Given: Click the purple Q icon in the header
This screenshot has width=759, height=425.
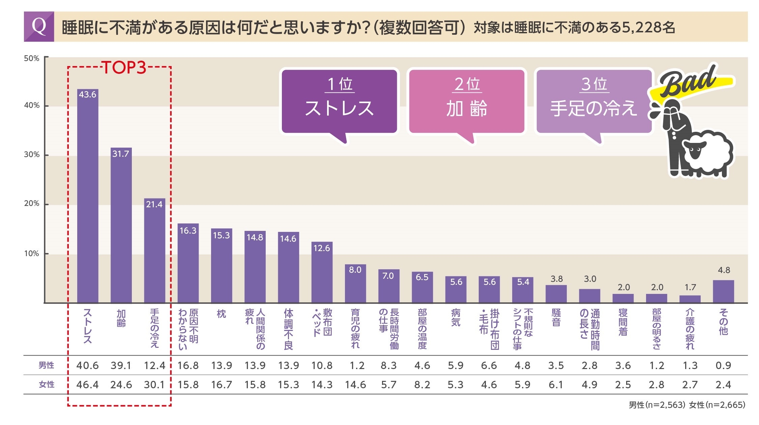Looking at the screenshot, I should (39, 27).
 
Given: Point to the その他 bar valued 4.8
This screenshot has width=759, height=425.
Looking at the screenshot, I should (723, 291).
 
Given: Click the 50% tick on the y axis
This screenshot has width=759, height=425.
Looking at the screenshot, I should (32, 58).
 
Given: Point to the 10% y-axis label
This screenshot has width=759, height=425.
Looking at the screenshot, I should (32, 253).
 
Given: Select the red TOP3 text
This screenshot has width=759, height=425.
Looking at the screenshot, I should (124, 68).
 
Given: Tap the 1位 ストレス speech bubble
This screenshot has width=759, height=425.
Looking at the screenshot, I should (339, 101).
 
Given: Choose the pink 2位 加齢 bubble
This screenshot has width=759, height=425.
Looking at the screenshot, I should (467, 101).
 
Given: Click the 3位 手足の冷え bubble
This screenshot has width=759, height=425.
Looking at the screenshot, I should (593, 101).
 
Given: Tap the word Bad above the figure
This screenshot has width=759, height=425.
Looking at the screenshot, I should (688, 81).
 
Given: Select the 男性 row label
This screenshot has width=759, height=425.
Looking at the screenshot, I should (46, 365).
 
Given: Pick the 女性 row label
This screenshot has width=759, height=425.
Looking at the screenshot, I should (46, 385).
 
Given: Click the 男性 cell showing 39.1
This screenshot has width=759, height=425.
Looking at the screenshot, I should (121, 365).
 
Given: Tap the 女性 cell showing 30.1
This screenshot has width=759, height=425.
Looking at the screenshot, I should (154, 385).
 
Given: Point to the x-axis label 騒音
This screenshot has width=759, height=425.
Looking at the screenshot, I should (556, 317).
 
